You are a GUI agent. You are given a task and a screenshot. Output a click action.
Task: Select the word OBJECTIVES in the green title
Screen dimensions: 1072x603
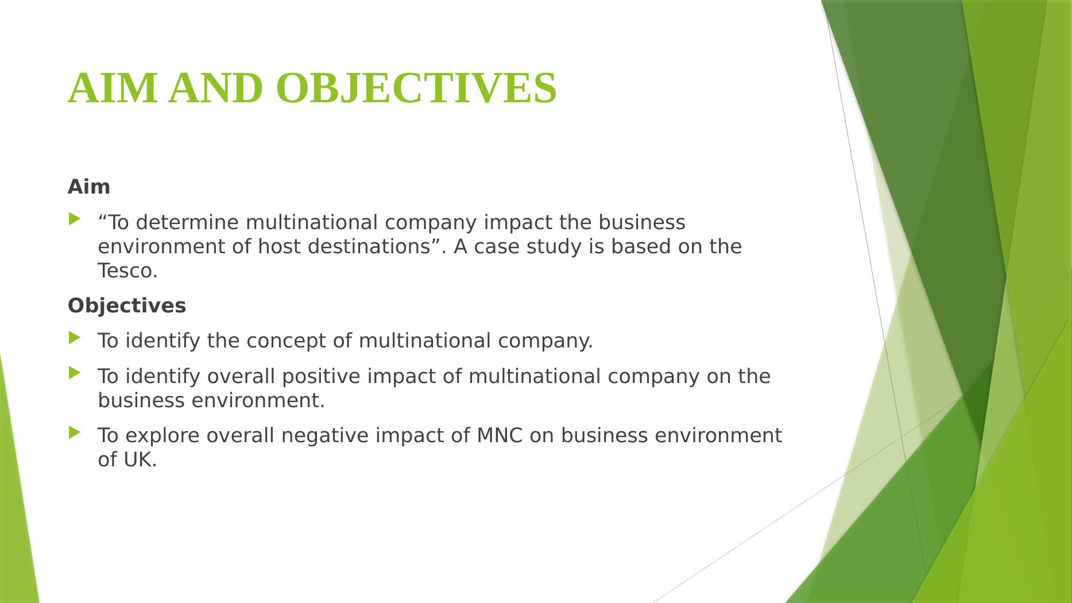416,88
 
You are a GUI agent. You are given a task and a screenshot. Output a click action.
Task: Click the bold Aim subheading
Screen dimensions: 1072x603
89,187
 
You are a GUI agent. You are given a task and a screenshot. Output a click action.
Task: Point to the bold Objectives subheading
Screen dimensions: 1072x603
127,306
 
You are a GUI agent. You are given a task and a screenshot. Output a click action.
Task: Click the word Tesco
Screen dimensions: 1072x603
127,270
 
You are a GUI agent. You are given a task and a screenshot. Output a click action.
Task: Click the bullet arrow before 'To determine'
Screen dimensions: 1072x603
75,219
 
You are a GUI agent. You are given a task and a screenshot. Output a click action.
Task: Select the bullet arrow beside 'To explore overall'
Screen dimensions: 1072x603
75,432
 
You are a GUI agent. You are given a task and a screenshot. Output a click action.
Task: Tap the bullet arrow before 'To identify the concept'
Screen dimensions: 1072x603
75,338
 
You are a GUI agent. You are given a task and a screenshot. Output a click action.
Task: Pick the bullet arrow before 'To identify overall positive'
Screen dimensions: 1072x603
75,373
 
